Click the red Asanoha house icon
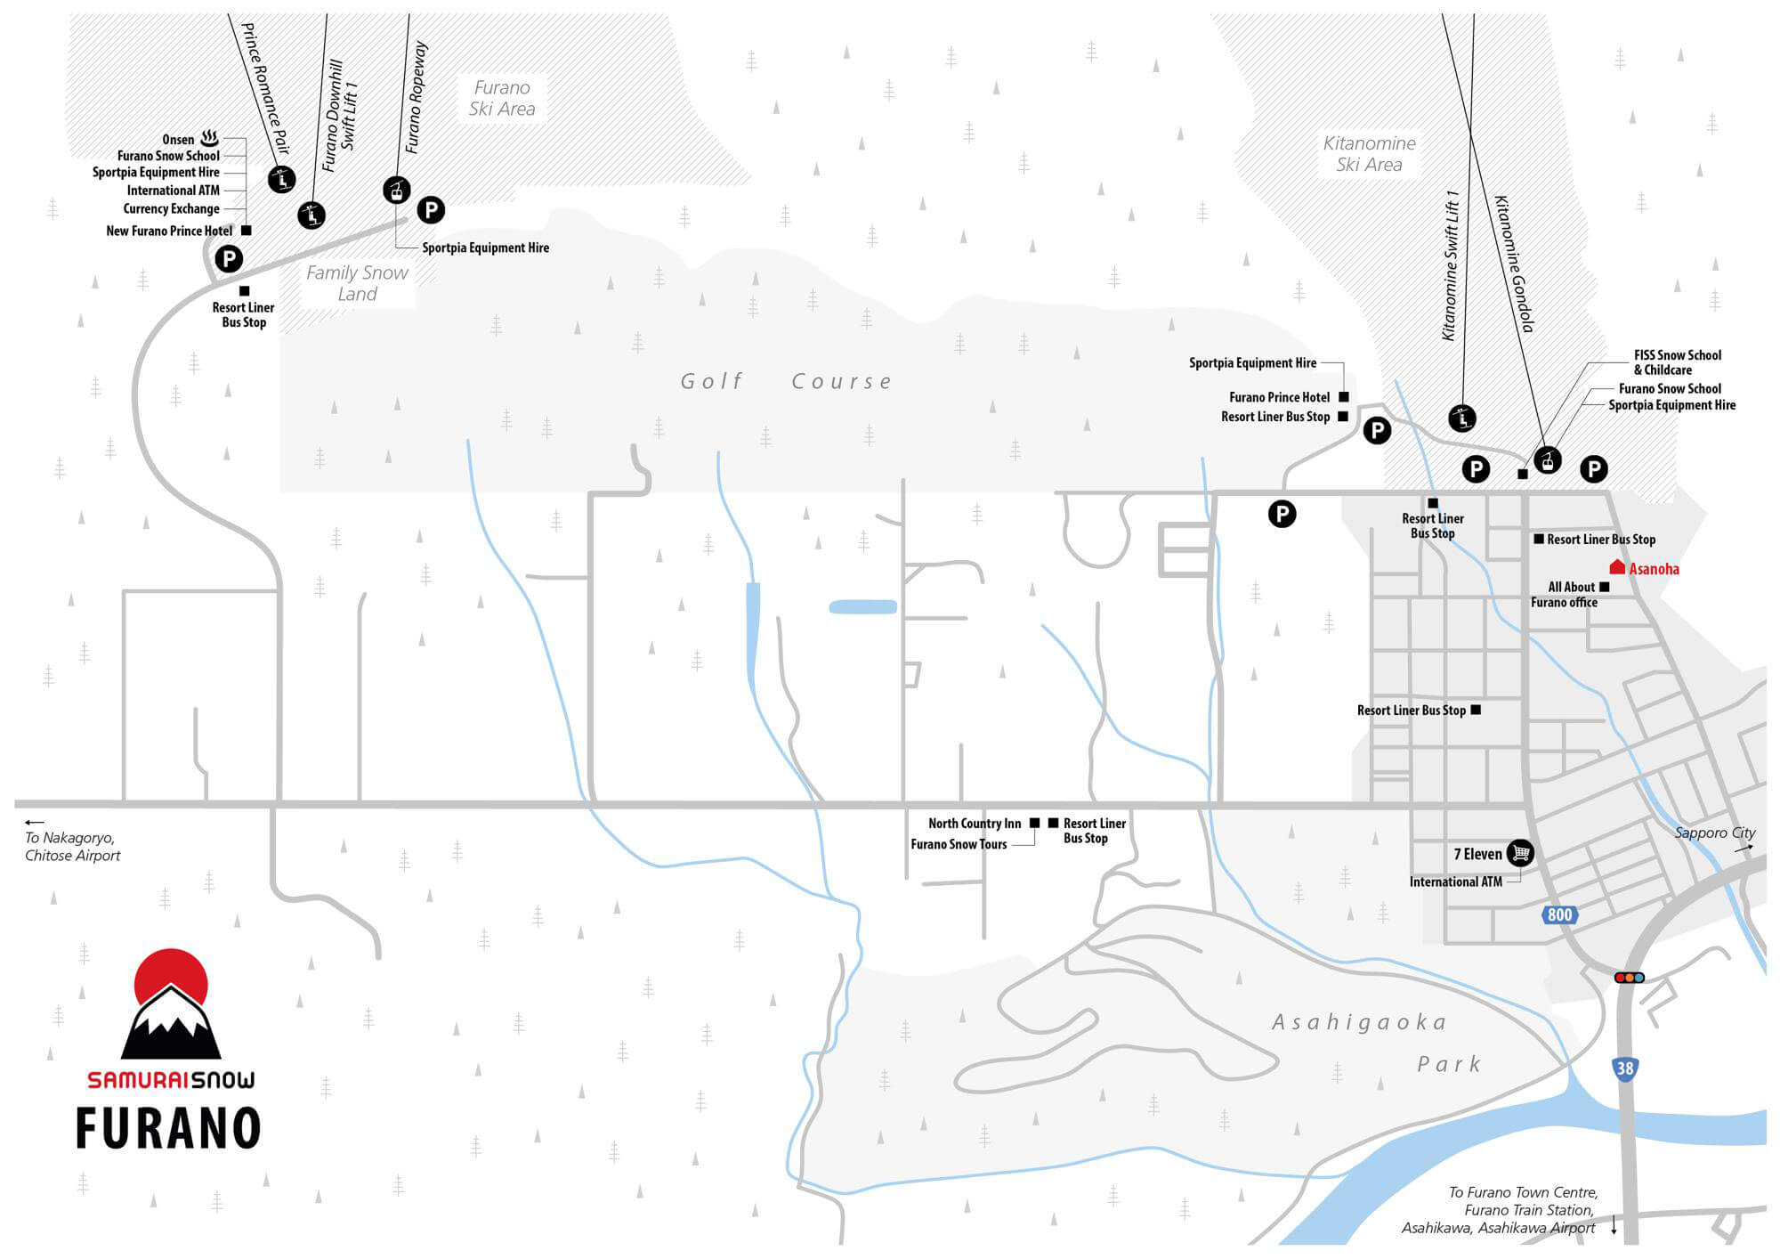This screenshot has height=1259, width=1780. tap(1617, 567)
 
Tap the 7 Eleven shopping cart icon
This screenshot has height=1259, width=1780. tap(1520, 853)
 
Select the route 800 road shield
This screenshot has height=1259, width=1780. tap(1559, 914)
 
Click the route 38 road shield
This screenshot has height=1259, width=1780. tap(1625, 1068)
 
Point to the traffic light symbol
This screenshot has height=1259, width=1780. tap(1629, 978)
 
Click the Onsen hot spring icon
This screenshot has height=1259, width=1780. tap(210, 138)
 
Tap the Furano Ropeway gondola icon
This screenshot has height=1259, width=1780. tap(396, 190)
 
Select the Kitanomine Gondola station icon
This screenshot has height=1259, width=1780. tap(1548, 460)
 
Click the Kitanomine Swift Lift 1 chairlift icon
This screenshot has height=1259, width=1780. tap(1462, 418)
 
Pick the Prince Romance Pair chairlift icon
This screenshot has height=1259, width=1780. tap(281, 180)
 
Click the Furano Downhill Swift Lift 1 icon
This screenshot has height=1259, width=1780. tap(311, 215)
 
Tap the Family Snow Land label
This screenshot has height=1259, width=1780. tap(357, 284)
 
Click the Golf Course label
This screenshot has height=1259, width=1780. tap(787, 382)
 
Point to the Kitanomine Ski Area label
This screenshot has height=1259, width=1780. tap(1369, 154)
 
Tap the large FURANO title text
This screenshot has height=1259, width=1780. tap(168, 1128)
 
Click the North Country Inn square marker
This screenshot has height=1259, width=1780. tap(1034, 824)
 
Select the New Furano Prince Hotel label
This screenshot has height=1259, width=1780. tap(169, 231)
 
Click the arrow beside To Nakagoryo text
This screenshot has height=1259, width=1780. tap(35, 823)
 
